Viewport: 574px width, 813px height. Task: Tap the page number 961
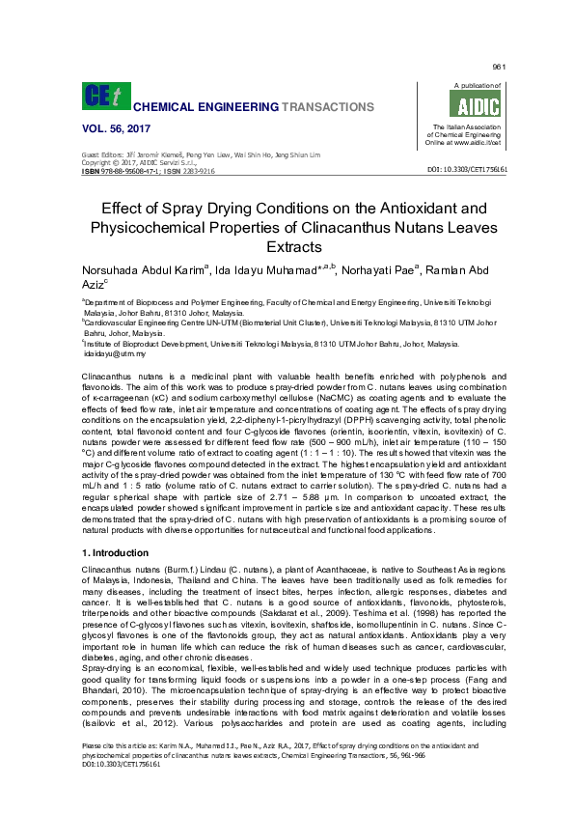tap(499, 67)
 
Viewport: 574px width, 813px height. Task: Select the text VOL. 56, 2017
tap(114, 128)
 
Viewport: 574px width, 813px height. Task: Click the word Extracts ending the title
tap(287, 248)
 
